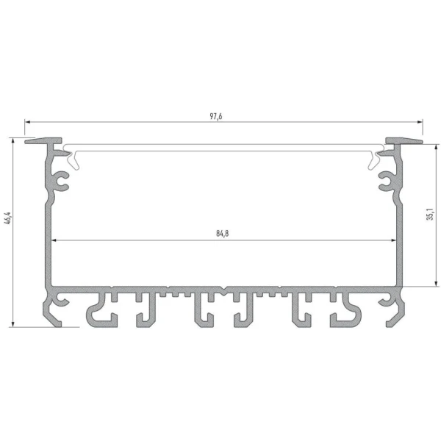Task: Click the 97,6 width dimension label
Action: pyautogui.click(x=216, y=116)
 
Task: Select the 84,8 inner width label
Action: pyautogui.click(x=223, y=234)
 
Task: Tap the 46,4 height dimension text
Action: pyautogui.click(x=8, y=218)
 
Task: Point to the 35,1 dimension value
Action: pyautogui.click(x=430, y=215)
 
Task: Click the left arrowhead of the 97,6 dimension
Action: pyautogui.click(x=27, y=122)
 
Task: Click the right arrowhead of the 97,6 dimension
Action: pyautogui.click(x=420, y=122)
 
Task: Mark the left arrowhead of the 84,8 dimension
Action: pyautogui.click(x=54, y=240)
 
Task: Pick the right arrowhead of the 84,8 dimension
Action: pyautogui.click(x=393, y=240)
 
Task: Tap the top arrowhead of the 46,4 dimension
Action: pyautogui.click(x=12, y=140)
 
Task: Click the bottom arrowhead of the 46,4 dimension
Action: pyautogui.click(x=12, y=324)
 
